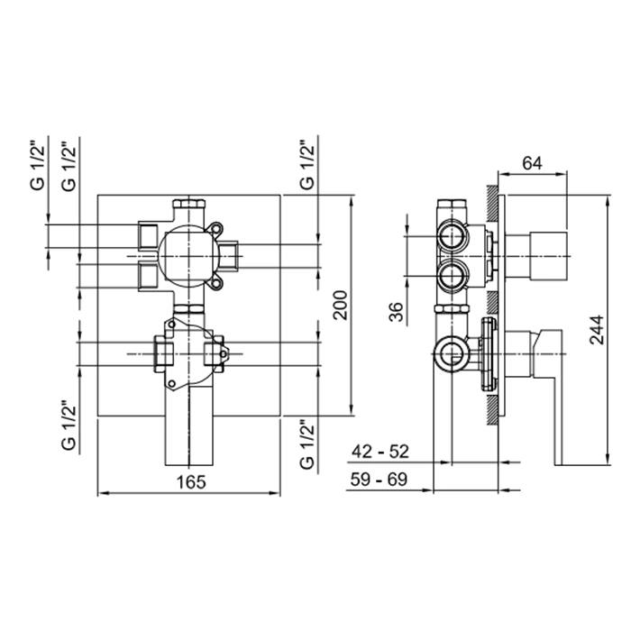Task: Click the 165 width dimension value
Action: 191,481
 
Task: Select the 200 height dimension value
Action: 341,305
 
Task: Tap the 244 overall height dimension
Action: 597,330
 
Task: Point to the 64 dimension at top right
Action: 532,163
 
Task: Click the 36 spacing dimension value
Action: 397,312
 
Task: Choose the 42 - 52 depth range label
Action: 380,452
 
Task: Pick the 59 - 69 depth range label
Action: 379,480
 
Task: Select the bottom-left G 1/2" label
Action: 69,425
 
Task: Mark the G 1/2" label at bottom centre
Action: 307,444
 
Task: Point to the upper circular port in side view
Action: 452,235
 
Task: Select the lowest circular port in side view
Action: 453,353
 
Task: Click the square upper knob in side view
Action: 548,256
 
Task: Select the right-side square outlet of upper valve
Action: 229,255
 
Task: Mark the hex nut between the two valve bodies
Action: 188,309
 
